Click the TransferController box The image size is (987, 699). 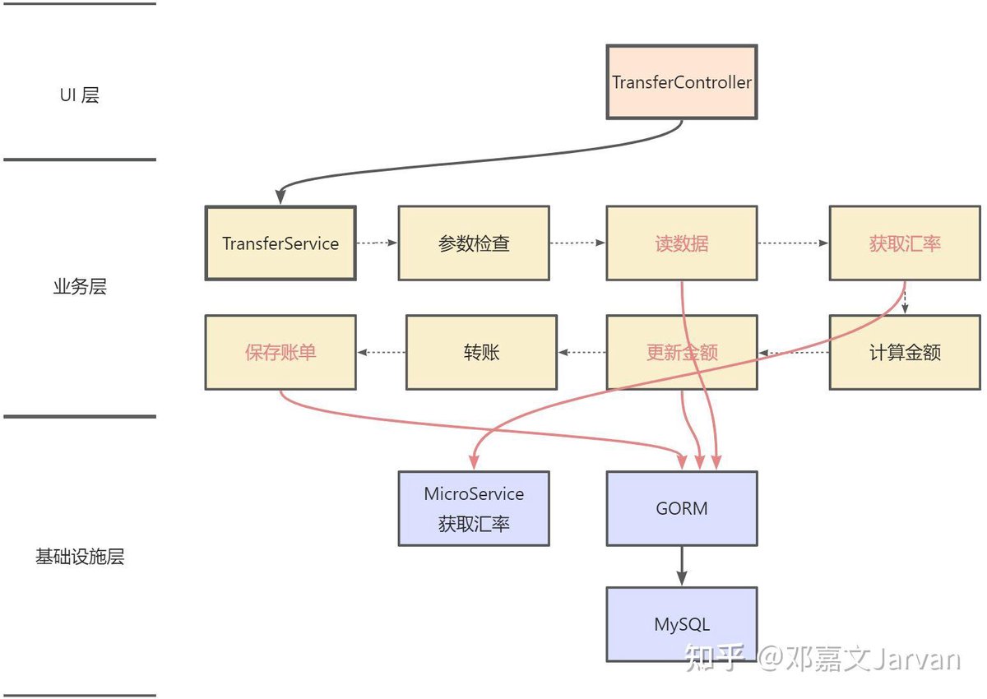682,82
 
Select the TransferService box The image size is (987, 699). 280,243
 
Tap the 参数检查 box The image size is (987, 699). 474,243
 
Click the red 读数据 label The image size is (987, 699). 682,243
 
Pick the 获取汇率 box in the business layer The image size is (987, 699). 905,243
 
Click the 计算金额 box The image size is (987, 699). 905,352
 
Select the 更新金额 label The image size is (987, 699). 682,352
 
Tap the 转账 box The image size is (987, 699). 481,352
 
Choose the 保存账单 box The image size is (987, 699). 280,352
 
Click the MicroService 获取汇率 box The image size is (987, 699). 474,508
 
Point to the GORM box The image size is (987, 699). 682,508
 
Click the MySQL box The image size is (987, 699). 682,624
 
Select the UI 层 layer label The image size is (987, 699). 79,95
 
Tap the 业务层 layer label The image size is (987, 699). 80,286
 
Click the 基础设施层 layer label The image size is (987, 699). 80,556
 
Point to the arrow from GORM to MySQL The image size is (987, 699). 682,566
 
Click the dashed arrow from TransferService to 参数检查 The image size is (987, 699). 377,243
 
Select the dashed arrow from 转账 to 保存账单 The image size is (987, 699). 381,352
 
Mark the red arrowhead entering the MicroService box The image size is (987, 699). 474,462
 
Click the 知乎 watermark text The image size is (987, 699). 714,658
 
